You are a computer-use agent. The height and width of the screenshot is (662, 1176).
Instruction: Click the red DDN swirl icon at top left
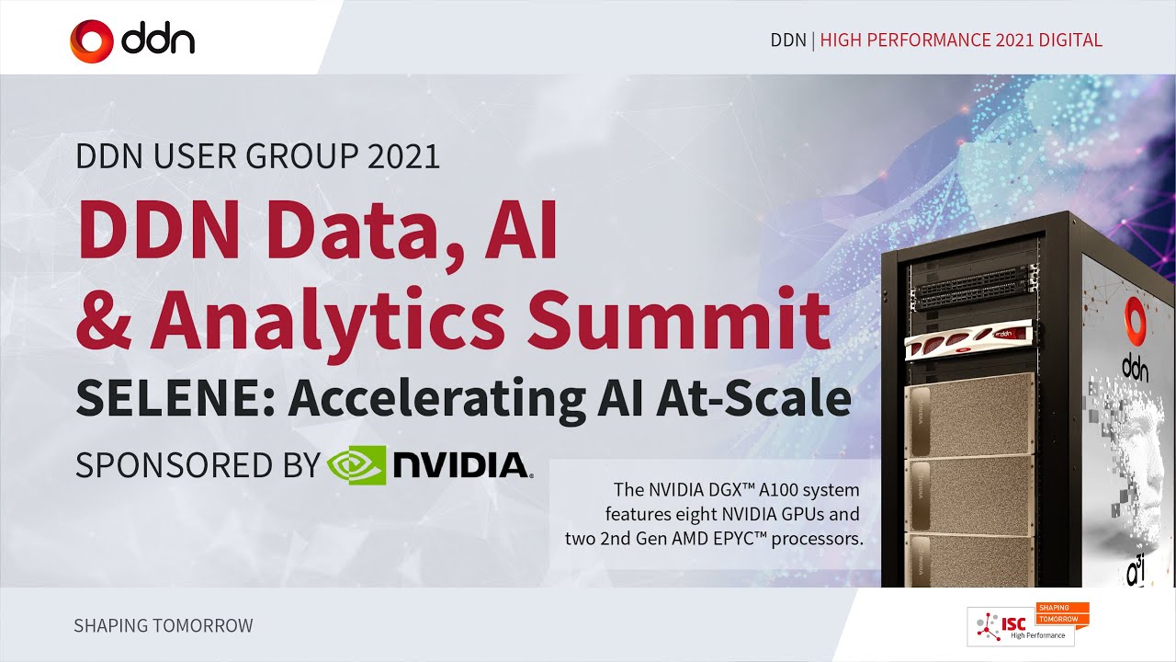pyautogui.click(x=92, y=40)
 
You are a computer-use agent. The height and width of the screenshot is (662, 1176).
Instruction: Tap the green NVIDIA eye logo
pyautogui.click(x=356, y=464)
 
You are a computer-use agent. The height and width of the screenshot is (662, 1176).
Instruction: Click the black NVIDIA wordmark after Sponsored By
pyautogui.click(x=460, y=465)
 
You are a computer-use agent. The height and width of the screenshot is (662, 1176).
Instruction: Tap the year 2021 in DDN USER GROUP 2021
pyautogui.click(x=403, y=156)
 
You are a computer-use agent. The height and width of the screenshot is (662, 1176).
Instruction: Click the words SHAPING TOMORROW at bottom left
pyautogui.click(x=163, y=626)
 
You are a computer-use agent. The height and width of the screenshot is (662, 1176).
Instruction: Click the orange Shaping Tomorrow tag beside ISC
pyautogui.click(x=1061, y=612)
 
